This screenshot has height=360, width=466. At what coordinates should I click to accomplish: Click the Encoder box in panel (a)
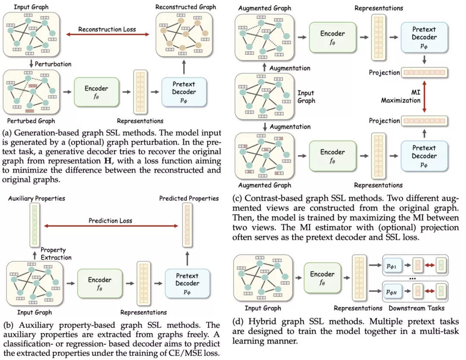point(97,92)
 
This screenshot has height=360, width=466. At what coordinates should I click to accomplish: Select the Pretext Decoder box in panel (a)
point(185,92)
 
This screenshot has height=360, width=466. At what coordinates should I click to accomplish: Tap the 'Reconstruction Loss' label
point(107,29)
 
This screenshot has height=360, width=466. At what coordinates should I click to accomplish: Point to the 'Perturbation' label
point(53,64)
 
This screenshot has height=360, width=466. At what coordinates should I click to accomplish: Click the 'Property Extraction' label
point(54,254)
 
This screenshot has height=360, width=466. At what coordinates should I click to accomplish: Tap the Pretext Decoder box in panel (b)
point(187,283)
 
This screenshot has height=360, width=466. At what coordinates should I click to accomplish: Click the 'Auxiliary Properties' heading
point(33,199)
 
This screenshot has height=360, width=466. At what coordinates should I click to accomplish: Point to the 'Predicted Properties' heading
point(189,199)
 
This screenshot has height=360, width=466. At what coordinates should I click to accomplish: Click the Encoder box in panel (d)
point(322,279)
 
